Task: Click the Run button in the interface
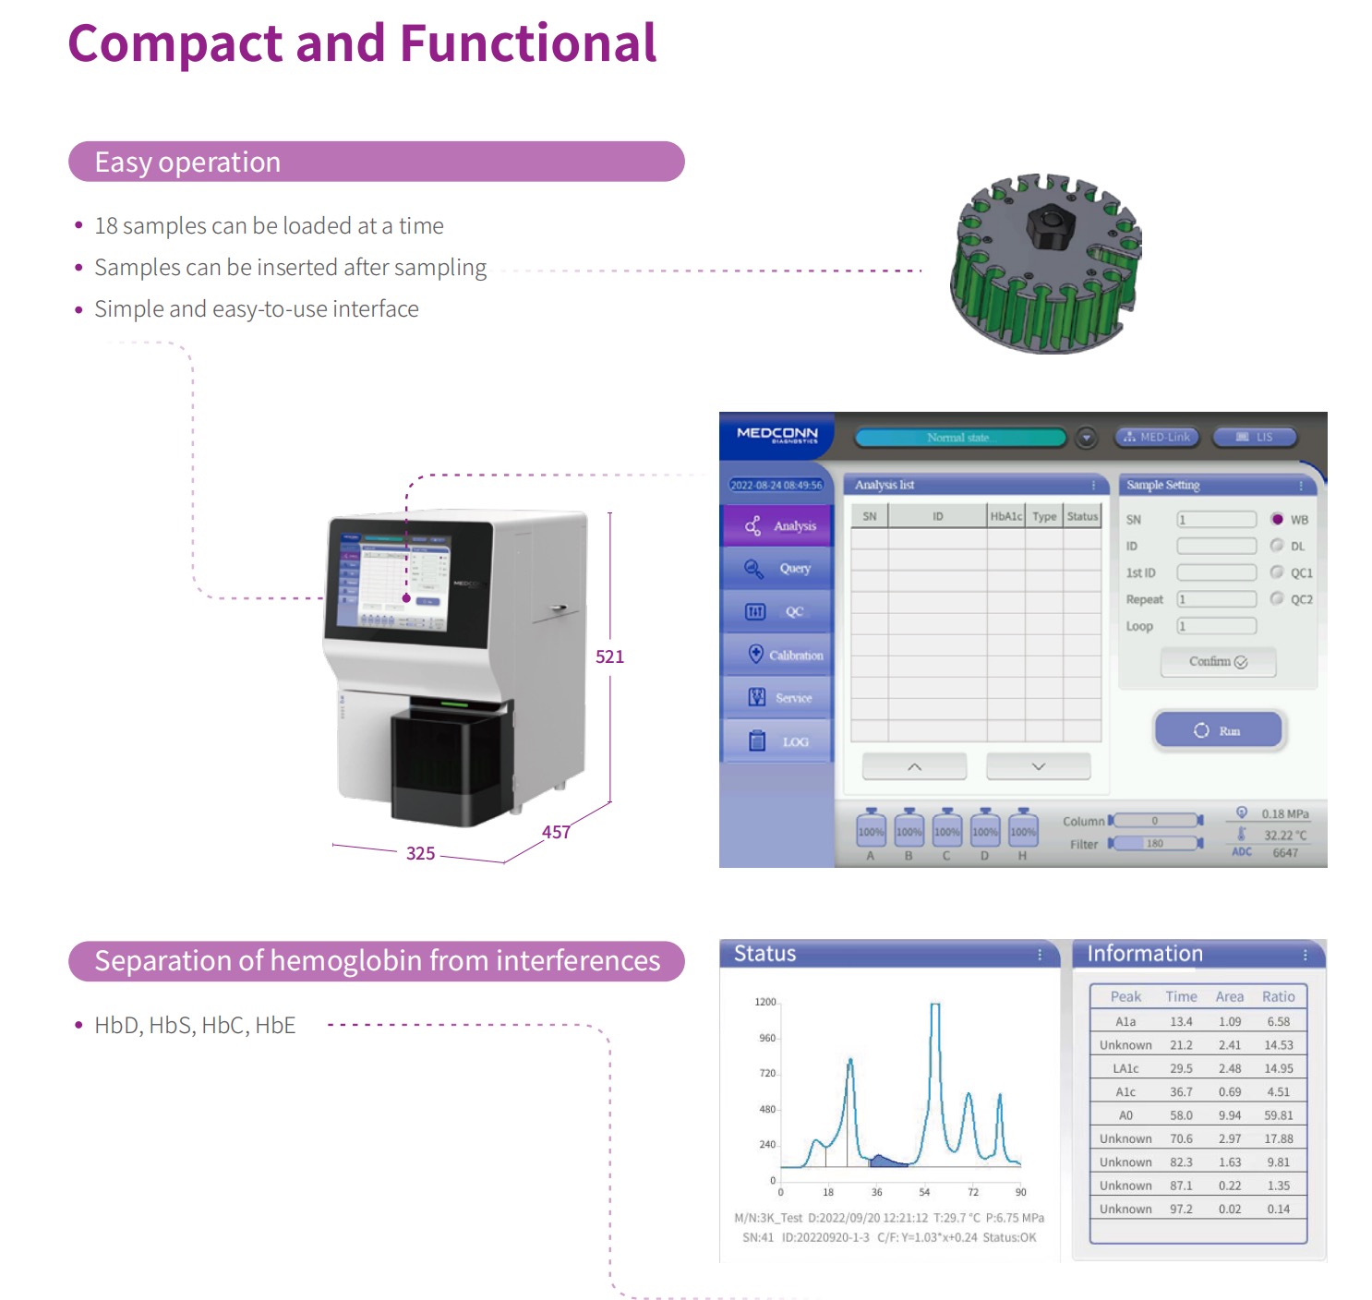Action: click(1218, 730)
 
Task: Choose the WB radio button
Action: click(1277, 519)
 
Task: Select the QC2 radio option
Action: click(1277, 598)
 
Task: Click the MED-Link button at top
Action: click(1157, 437)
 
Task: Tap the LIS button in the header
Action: click(1255, 437)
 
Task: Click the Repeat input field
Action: click(1216, 599)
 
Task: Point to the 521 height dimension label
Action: click(609, 656)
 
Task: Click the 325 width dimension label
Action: click(420, 853)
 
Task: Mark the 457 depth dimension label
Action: click(556, 832)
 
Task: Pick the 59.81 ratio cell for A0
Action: click(1279, 1115)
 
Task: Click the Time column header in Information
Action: click(1181, 997)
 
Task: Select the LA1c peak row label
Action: click(1125, 1068)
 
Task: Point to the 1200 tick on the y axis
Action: click(765, 1002)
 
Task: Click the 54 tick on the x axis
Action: click(924, 1192)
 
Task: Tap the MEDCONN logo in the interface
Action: click(776, 434)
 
